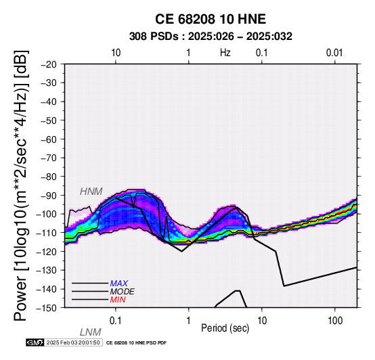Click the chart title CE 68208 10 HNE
pos(211,19)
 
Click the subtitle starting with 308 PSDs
pos(211,37)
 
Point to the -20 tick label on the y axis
pos(49,64)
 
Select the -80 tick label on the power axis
pos(49,177)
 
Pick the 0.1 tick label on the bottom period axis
pos(115,321)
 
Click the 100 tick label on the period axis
pos(335,321)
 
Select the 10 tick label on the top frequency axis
pos(116,53)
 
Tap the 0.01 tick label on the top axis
pos(334,53)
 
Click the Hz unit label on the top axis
pos(225,53)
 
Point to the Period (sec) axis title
pos(225,328)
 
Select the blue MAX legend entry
pos(119,284)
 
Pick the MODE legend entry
pos(123,292)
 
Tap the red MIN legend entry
pos(118,300)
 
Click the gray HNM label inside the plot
pos(91,192)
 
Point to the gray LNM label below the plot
pos(91,332)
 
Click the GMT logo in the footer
pos(35,343)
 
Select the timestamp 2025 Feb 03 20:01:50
pos(73,343)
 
